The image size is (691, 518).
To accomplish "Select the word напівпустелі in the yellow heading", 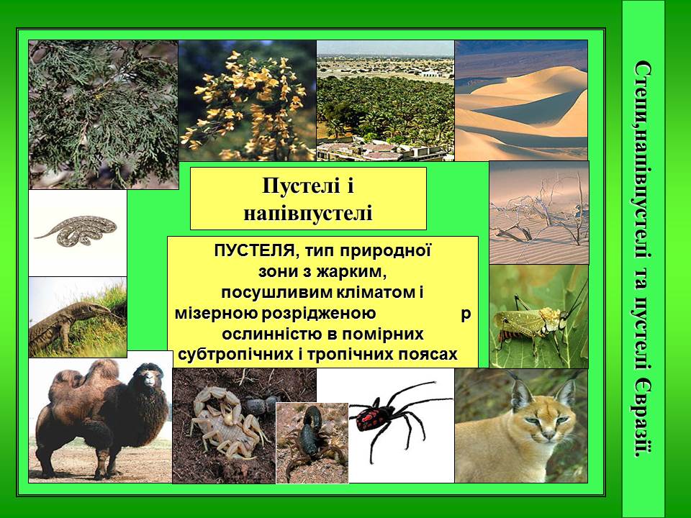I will click(308, 212).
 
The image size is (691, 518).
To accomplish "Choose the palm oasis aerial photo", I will click(385, 101).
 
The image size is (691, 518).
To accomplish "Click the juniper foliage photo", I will click(103, 114).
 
